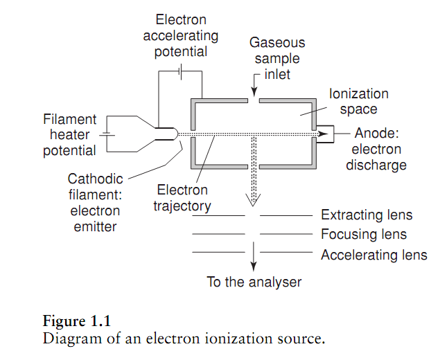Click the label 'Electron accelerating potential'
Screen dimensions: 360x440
[181, 35]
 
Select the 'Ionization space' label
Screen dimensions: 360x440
[358, 101]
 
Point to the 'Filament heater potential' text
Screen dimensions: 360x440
[70, 135]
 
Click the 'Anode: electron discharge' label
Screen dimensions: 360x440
[380, 149]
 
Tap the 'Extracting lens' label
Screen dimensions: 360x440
[367, 215]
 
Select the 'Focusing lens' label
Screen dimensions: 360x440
[363, 235]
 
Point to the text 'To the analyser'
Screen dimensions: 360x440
[254, 282]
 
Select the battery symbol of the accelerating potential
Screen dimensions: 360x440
[181, 73]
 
